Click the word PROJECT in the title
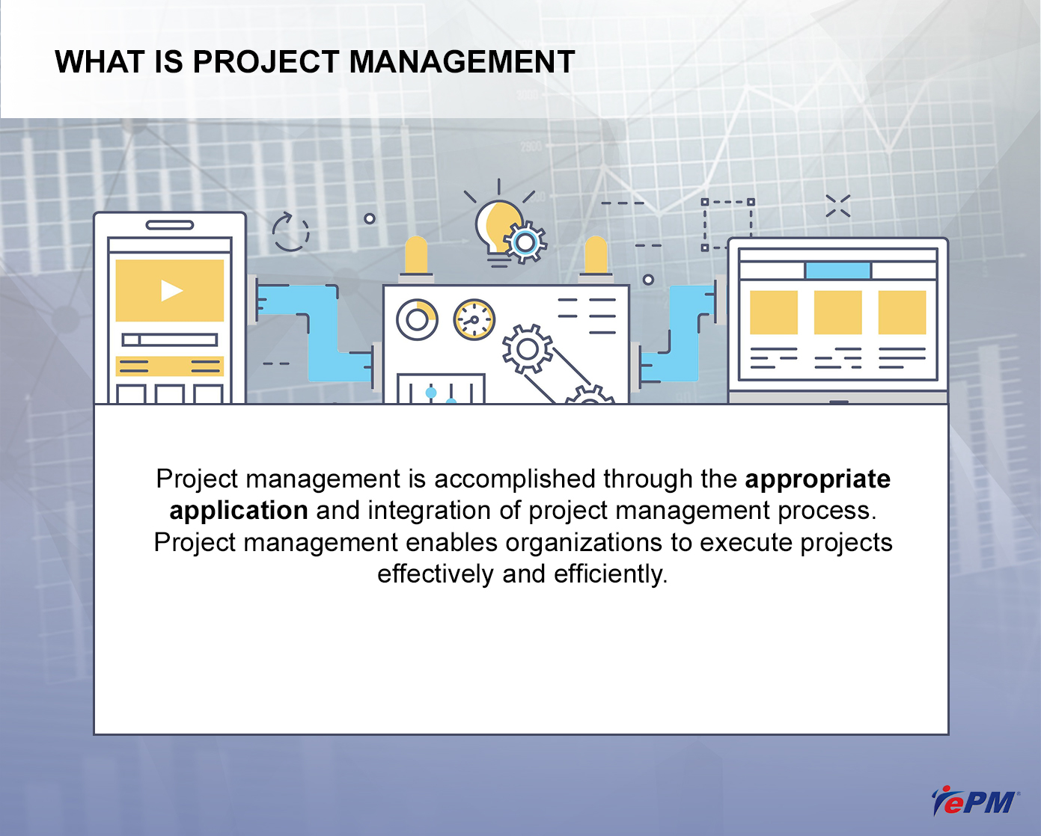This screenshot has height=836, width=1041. point(266,62)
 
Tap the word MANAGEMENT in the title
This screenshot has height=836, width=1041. point(462,62)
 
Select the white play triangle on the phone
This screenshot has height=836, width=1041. point(171,291)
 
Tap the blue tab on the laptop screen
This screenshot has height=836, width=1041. point(838,270)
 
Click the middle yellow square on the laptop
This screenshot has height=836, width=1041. point(838,313)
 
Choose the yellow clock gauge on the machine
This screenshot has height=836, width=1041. point(474,319)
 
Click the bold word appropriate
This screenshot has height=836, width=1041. point(817,479)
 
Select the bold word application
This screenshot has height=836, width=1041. point(239,510)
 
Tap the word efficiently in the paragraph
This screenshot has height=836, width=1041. point(611,574)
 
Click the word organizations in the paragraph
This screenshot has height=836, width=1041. point(584,543)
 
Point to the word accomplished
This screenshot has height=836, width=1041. point(515,479)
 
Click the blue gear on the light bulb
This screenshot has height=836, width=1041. point(525,243)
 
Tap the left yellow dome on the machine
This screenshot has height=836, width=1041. point(416,255)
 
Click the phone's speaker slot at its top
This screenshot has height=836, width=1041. point(170,225)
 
